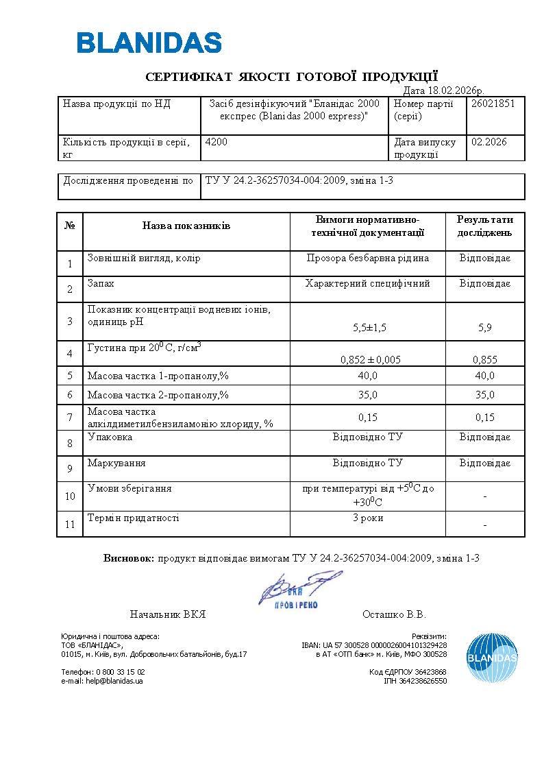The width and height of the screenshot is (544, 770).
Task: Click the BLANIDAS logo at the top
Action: [149, 43]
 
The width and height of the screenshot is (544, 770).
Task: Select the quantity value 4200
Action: [217, 142]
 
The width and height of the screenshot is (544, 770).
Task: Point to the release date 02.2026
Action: [489, 142]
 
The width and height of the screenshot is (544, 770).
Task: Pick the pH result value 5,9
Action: [485, 328]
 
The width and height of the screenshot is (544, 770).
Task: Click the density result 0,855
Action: [485, 359]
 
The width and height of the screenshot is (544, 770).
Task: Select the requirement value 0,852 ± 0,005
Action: [370, 359]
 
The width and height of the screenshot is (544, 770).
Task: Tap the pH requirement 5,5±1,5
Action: [370, 328]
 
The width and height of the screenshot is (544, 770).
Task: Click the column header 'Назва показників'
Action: [186, 226]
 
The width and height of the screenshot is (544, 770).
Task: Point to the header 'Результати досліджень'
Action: [485, 226]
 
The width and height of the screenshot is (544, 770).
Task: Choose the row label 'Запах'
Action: [101, 282]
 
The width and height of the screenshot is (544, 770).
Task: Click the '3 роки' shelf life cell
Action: [368, 518]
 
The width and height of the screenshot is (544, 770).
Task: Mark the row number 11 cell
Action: [70, 525]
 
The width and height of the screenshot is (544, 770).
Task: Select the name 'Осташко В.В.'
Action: [394, 614]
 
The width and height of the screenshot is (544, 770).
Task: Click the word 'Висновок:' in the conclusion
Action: [129, 557]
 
